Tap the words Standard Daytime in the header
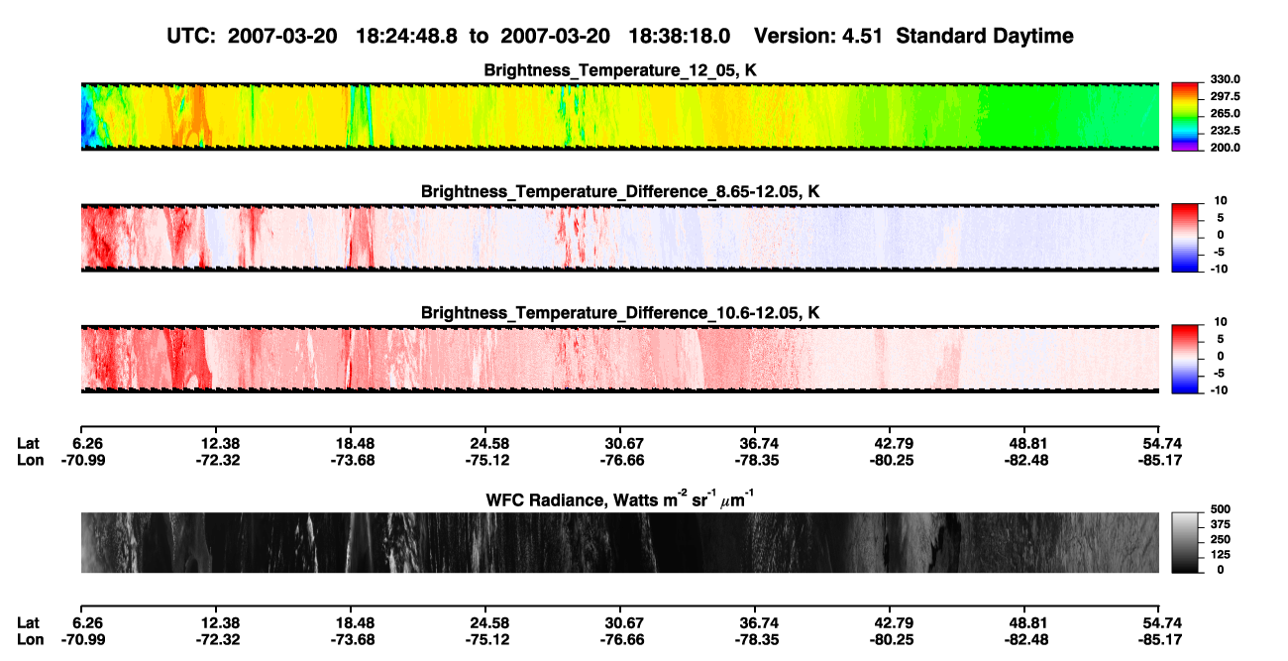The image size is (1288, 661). click(x=985, y=37)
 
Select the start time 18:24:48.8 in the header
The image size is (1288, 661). click(x=406, y=36)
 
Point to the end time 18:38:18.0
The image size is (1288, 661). click(x=679, y=36)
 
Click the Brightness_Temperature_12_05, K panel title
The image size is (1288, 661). click(x=620, y=70)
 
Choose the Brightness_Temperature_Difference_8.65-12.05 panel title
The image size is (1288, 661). click(x=620, y=191)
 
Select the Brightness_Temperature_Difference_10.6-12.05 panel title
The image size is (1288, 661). click(x=620, y=313)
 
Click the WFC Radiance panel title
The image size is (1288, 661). click(x=620, y=499)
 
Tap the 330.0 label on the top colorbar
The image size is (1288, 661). click(x=1225, y=79)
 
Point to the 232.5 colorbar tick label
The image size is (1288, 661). click(x=1225, y=131)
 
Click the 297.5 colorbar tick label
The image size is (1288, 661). click(x=1225, y=96)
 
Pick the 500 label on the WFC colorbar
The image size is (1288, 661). click(x=1220, y=509)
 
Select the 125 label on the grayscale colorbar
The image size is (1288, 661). click(x=1220, y=555)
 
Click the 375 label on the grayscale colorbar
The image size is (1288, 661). click(x=1220, y=524)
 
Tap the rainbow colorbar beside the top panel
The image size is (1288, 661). click(x=1185, y=117)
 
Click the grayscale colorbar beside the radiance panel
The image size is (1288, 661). click(x=1185, y=542)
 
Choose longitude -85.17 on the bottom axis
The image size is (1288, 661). click(x=1160, y=640)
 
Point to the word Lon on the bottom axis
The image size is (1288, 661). click(x=30, y=640)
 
